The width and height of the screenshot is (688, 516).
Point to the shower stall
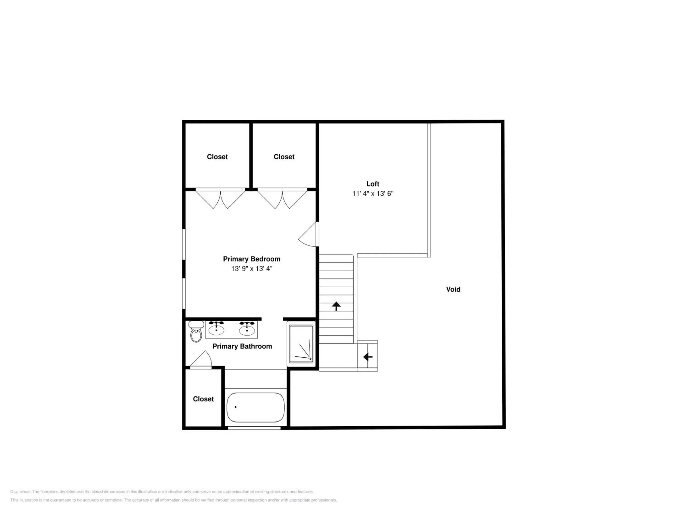point(301,344)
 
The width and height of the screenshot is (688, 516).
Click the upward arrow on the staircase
point(336,306)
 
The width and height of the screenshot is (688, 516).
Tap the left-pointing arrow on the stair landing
point(368,357)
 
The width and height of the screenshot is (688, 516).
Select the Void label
point(453,289)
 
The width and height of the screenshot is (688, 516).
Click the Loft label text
point(373,184)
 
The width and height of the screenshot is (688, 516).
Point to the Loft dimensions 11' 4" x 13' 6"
point(373,194)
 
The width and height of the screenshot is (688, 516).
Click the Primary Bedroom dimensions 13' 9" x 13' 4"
point(252,268)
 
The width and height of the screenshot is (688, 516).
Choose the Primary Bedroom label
point(252,259)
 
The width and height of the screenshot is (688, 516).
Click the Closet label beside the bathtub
point(203,399)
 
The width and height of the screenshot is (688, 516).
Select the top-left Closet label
point(217,157)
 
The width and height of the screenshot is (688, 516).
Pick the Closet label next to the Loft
point(284,157)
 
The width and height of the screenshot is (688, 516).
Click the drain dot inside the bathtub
point(236,407)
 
